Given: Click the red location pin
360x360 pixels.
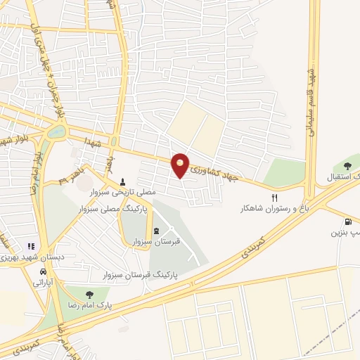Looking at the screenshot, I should coord(181,165).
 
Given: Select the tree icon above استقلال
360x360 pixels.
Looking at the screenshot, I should coord(347,165).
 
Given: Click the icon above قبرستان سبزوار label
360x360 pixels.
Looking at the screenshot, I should coord(156,231).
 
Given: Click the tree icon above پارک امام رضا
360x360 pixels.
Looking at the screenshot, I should coord(89,295).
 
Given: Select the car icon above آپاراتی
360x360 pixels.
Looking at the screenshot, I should coord(44,271).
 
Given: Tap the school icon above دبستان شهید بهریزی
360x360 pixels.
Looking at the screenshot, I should coord(30,246).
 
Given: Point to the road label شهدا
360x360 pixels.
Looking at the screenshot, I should coord(107,142).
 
